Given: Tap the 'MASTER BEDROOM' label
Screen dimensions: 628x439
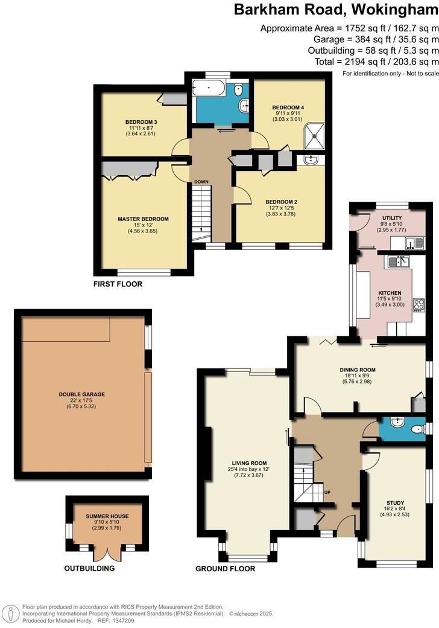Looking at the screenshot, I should tap(143, 219).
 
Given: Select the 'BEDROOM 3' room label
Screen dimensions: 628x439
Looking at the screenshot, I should tap(142, 121).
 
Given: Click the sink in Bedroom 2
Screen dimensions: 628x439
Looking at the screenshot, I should tap(311, 160).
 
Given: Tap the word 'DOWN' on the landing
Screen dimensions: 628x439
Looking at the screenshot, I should tap(200, 182).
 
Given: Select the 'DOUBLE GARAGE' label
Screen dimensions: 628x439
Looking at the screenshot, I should tap(81, 394).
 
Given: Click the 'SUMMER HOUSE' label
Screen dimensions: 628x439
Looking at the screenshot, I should tap(107, 516).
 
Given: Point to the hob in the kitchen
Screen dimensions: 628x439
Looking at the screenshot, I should tap(417, 303).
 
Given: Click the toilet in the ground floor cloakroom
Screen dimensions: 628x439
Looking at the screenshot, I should tap(416, 429).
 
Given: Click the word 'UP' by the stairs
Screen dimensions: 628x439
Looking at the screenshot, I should tap(327, 492).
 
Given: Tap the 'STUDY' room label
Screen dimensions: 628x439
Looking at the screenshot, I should tap(395, 502).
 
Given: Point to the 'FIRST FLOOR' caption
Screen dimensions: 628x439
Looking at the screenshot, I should tap(118, 284).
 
